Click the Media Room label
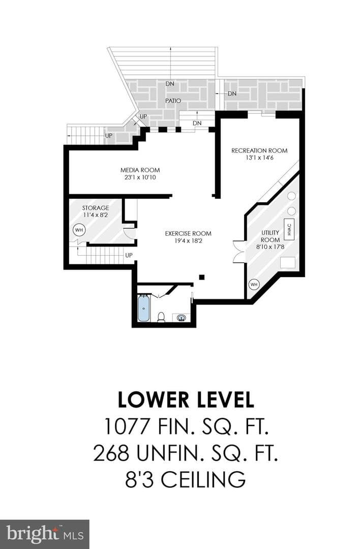click(x=140, y=170)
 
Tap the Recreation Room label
click(x=259, y=150)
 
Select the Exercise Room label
click(x=188, y=233)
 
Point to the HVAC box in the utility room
click(x=289, y=230)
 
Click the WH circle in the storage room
click(x=79, y=230)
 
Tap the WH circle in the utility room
click(x=254, y=284)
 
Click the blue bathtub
click(x=144, y=309)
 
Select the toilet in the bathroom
click(x=161, y=317)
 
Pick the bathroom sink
click(x=181, y=318)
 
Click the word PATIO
click(x=173, y=101)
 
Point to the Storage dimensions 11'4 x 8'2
click(x=95, y=215)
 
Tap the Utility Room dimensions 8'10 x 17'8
click(x=270, y=247)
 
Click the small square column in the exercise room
click(x=201, y=278)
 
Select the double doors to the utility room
click(x=238, y=251)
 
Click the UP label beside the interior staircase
click(x=129, y=255)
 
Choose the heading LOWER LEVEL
click(x=186, y=400)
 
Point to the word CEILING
click(x=203, y=479)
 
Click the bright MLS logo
click(x=44, y=534)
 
